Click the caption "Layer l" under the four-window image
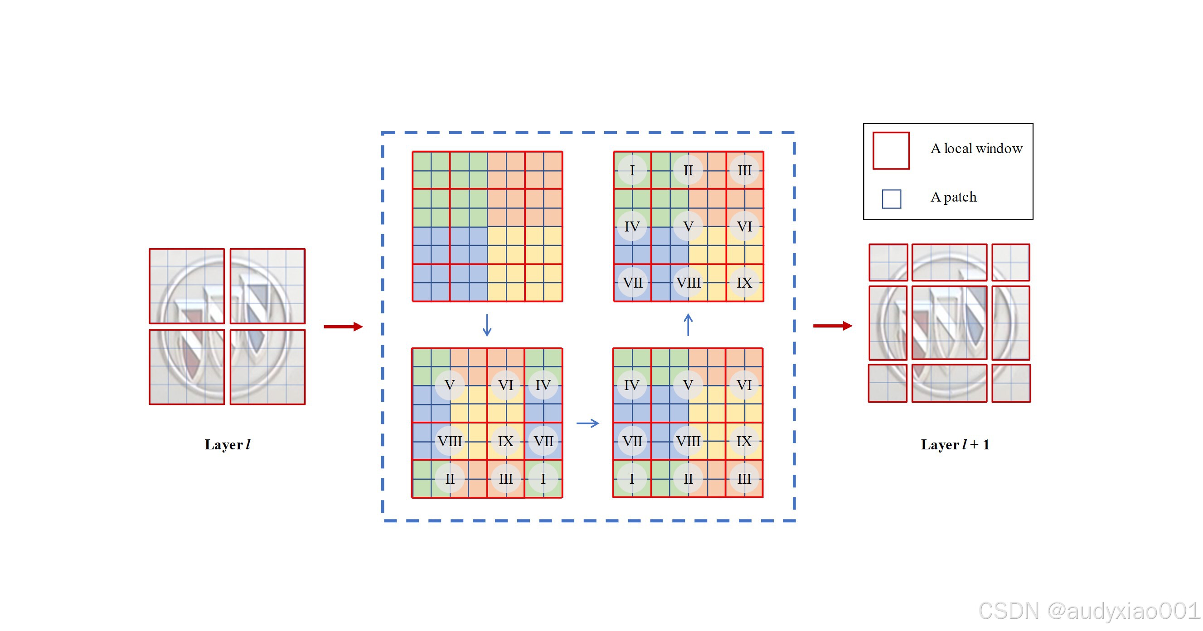click(228, 444)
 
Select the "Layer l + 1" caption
click(955, 444)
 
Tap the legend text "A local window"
click(976, 149)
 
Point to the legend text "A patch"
click(953, 197)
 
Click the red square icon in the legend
click(891, 150)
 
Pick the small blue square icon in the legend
click(891, 199)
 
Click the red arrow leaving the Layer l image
click(343, 326)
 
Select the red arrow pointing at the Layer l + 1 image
click(833, 326)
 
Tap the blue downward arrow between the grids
click(487, 325)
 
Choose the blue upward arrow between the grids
click(688, 325)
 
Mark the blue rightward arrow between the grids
click(587, 424)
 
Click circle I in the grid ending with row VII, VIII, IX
click(632, 170)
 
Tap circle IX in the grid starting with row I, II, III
click(744, 282)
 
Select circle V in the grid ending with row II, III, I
click(449, 385)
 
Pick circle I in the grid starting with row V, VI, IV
click(543, 478)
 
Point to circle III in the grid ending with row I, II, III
click(744, 478)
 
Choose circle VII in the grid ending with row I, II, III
click(632, 441)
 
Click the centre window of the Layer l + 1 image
click(949, 323)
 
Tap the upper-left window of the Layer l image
click(187, 286)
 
